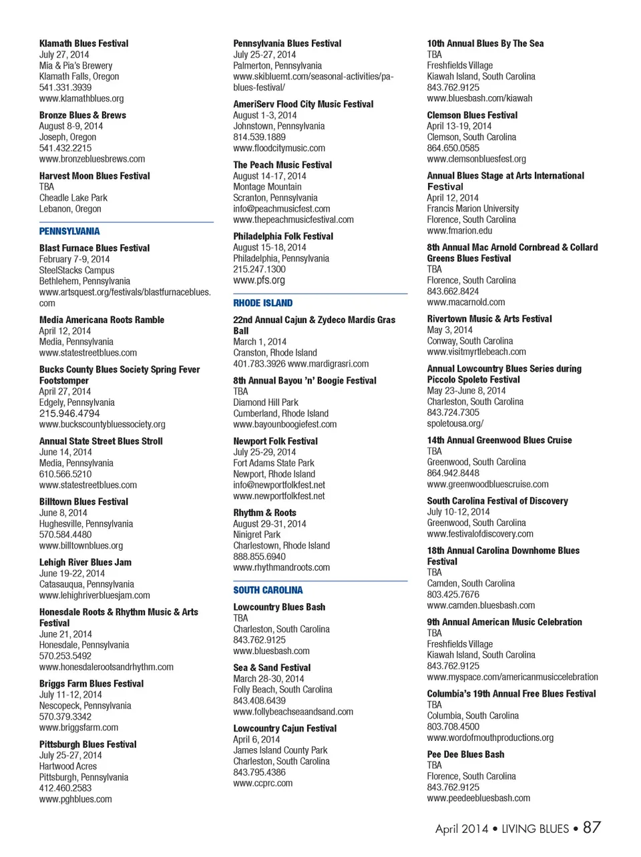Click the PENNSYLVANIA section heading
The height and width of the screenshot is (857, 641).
pos(69,232)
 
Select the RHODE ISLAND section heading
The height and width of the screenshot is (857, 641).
pos(262,303)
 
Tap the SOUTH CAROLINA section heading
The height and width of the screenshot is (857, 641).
pos(268,590)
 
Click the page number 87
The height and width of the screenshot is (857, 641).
pos(592,828)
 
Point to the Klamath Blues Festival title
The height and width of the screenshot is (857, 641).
pos(83,43)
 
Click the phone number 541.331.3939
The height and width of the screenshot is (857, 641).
pos(65,87)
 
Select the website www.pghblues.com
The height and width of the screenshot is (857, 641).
pos(75,799)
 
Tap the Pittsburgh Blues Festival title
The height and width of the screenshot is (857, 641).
pos(87,744)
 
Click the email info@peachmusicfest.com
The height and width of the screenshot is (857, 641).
pos(281,209)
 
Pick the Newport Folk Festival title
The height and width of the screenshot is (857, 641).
pos(275,441)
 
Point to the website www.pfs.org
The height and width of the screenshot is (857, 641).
pos(259,280)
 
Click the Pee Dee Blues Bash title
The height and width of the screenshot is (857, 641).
pos(465,754)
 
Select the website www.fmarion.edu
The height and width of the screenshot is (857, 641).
pos(459,230)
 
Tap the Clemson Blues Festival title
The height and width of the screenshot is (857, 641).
pos(472,115)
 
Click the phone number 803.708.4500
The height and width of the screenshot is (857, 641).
pos(453,726)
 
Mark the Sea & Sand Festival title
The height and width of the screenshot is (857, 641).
pos(272,667)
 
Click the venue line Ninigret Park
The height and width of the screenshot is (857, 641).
pos(256,535)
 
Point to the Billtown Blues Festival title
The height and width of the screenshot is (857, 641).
pos(83,502)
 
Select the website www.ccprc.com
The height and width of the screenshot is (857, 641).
pos(262,783)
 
